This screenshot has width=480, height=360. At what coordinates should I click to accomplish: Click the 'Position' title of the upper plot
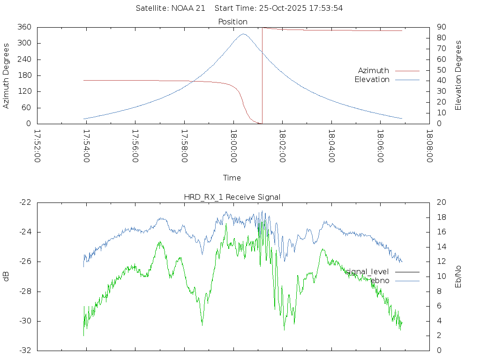pyautogui.click(x=232, y=22)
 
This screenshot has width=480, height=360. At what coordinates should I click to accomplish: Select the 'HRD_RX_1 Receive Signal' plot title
pyautogui.click(x=232, y=197)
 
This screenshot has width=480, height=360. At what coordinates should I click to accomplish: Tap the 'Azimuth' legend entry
pyautogui.click(x=374, y=70)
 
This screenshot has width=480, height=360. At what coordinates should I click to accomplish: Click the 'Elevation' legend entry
pyautogui.click(x=372, y=80)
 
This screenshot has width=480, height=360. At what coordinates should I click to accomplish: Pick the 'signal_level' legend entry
pyautogui.click(x=367, y=271)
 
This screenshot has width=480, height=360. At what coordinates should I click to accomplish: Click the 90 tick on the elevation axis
pyautogui.click(x=441, y=27)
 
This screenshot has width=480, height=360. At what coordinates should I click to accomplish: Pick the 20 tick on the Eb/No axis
pyautogui.click(x=441, y=202)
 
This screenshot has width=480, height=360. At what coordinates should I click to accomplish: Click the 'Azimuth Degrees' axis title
pyautogui.click(x=7, y=75)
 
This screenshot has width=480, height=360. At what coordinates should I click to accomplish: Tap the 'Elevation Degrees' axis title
pyautogui.click(x=458, y=75)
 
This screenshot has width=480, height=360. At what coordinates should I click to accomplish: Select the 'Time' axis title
pyautogui.click(x=232, y=178)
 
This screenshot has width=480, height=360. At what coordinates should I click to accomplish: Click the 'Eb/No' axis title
pyautogui.click(x=458, y=276)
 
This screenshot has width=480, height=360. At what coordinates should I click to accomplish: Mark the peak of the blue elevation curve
pyautogui.click(x=243, y=34)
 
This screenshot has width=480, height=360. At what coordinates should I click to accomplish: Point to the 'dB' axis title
pyautogui.click(x=7, y=276)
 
